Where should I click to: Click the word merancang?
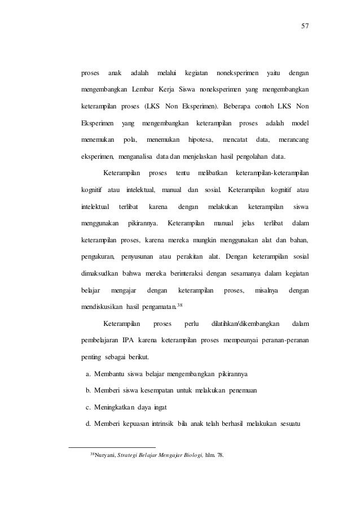297,139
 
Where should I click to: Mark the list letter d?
87,424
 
